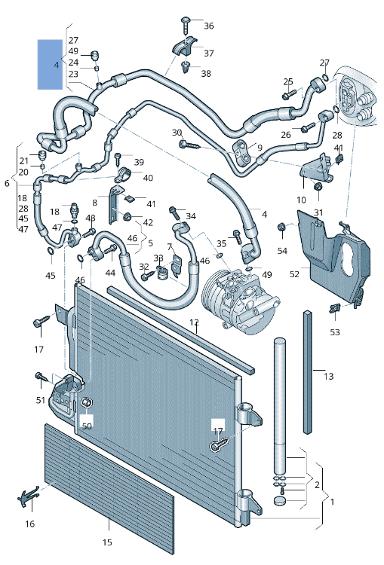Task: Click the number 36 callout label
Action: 208,26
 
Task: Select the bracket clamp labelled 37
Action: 184,48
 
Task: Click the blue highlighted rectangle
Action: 51,65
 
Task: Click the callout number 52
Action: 294,274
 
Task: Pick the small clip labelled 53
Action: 335,308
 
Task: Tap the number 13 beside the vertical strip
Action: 328,376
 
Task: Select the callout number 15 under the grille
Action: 107,542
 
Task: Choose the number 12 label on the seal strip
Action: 194,323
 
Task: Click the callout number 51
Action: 40,400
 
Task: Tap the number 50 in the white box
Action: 87,426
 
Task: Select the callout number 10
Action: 301,200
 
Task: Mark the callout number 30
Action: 177,133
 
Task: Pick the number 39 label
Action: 139,162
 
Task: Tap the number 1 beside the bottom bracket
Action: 333,502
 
